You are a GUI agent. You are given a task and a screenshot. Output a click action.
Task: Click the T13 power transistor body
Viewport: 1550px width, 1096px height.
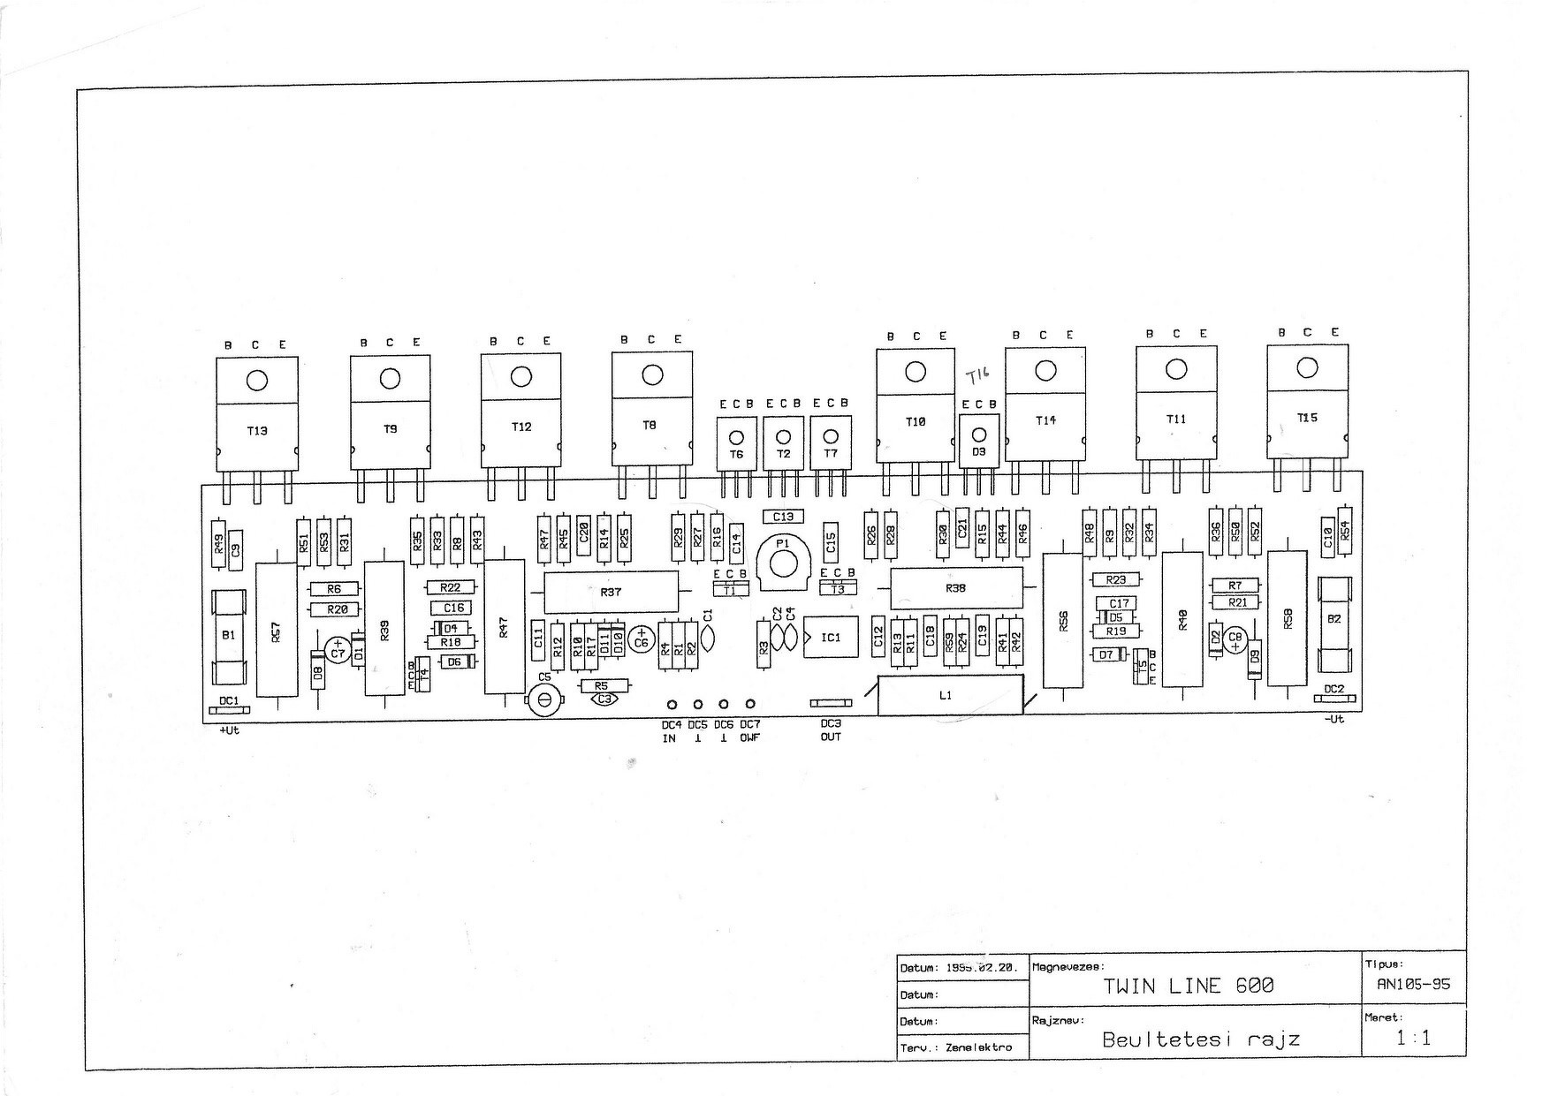[257, 430]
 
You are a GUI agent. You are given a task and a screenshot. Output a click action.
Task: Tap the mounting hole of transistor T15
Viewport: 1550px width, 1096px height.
[1307, 367]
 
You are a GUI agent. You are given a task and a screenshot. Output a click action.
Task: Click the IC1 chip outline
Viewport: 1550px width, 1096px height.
[831, 637]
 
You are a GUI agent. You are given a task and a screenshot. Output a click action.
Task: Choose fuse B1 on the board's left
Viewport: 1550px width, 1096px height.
[229, 636]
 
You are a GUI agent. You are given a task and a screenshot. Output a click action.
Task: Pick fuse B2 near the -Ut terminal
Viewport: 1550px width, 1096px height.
[1334, 620]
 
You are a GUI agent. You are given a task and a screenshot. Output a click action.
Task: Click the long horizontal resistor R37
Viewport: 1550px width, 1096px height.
[611, 592]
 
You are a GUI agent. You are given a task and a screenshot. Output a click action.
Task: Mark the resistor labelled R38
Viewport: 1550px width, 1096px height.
[956, 588]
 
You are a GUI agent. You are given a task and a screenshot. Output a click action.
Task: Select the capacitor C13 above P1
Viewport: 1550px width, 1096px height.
[783, 517]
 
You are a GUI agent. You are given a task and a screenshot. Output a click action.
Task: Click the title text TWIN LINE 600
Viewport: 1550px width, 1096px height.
[1189, 986]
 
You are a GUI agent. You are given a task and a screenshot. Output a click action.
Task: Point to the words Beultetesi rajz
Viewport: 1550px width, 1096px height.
[1201, 1039]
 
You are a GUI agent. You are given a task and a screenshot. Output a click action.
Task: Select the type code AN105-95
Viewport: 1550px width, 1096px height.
[1414, 984]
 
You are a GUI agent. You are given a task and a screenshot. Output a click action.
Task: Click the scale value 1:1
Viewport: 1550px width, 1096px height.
[1413, 1039]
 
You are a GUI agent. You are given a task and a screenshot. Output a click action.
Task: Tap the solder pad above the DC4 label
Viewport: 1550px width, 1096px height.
[672, 704]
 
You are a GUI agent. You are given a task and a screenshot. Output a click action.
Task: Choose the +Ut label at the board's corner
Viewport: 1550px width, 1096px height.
[229, 730]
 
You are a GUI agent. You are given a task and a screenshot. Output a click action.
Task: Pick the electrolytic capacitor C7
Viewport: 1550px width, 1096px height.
[337, 652]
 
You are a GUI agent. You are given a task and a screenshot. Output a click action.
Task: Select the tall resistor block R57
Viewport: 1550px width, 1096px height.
[276, 629]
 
